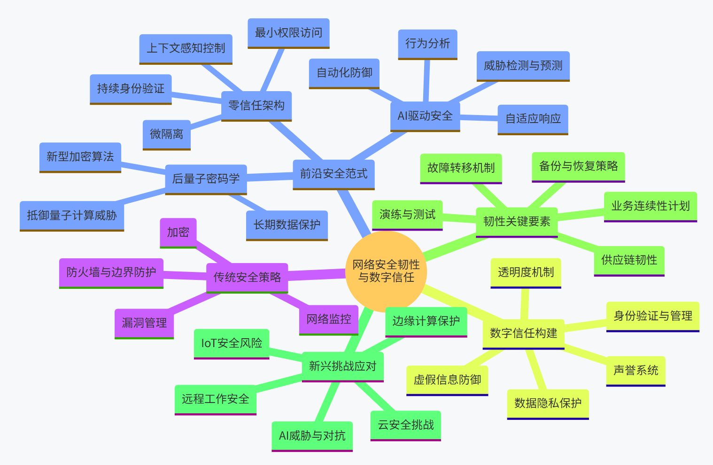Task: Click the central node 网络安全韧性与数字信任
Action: click(386, 271)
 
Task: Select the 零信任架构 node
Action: click(256, 106)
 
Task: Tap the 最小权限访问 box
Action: click(288, 33)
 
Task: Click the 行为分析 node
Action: click(427, 44)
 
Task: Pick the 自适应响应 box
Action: click(533, 119)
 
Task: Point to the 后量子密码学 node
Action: click(206, 179)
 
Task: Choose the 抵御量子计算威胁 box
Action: click(72, 216)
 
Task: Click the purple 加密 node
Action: click(178, 232)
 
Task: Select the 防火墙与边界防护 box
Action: click(111, 272)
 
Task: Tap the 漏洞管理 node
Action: click(144, 323)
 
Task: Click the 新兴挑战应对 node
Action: click(342, 366)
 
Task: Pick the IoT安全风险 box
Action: click(232, 343)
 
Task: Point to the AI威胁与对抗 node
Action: click(312, 436)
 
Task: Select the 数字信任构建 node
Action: click(523, 333)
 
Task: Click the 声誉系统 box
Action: click(635, 371)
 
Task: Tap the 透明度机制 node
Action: click(526, 272)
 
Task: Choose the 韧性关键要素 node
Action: click(517, 222)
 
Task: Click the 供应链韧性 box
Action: click(629, 260)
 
